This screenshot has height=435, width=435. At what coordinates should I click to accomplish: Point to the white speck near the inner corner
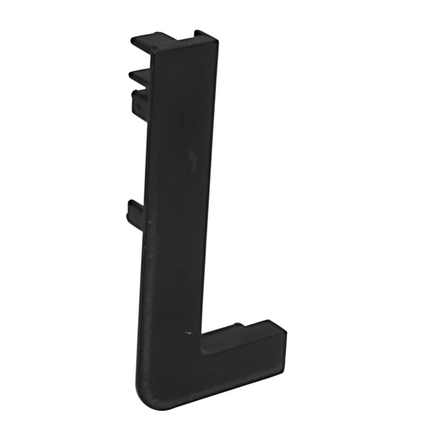[x=188, y=333]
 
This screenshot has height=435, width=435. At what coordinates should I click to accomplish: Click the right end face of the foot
[x=283, y=344]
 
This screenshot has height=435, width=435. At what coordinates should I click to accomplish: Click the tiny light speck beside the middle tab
[x=150, y=223]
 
